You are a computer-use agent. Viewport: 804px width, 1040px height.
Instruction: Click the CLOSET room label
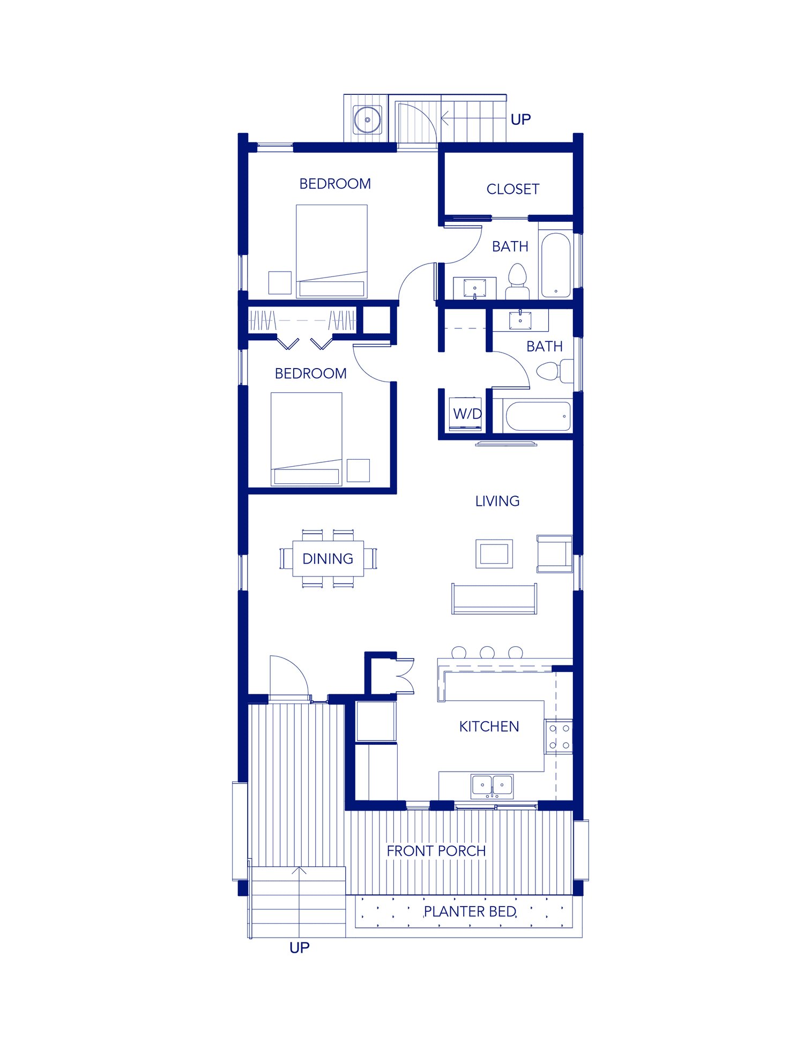[512, 189]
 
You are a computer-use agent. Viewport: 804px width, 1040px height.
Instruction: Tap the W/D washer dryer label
[467, 414]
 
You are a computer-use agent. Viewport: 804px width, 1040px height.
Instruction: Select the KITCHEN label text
[489, 727]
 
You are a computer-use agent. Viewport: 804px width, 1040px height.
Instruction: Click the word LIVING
[497, 501]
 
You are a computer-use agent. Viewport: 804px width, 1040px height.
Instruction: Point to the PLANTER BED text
[470, 911]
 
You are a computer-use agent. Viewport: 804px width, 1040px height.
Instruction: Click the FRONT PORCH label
[436, 851]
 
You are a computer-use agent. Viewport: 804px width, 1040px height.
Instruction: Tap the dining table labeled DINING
[327, 559]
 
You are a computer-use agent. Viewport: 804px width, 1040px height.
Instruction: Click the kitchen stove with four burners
[559, 737]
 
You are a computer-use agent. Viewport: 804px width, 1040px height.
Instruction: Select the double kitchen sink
[492, 785]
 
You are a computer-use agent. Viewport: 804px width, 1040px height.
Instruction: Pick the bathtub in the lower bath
[538, 416]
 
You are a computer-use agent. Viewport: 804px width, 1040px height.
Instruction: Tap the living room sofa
[494, 599]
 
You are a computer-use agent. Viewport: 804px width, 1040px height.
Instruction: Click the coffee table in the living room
[494, 553]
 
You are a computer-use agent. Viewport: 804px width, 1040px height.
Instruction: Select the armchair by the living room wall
[554, 553]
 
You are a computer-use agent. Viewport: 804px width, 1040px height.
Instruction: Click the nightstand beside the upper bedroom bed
[280, 282]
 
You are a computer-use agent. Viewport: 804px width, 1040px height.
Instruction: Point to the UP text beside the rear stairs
[520, 119]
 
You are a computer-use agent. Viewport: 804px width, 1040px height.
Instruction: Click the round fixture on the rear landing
[367, 119]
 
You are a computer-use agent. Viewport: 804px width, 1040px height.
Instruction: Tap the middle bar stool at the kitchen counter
[487, 652]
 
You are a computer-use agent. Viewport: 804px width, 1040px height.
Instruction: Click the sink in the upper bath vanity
[474, 288]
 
